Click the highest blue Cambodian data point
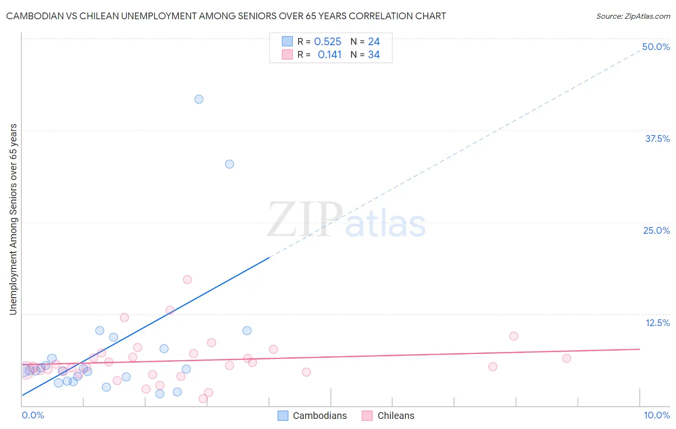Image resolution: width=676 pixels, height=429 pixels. [199, 99]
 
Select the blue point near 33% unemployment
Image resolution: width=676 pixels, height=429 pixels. [229, 164]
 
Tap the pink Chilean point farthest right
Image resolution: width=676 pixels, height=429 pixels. [566, 358]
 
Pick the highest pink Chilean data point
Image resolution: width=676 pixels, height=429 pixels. [188, 279]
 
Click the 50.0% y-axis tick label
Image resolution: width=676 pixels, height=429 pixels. [656, 47]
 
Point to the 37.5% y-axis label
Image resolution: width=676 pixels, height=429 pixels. [657, 139]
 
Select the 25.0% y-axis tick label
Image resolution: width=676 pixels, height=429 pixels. [656, 230]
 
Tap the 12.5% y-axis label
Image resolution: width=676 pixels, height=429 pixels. [657, 323]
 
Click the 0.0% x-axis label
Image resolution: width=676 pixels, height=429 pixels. [33, 415]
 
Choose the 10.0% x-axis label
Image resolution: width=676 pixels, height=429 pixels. [656, 415]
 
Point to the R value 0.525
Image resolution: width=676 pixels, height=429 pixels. [327, 42]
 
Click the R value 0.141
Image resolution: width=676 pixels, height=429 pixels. [329, 55]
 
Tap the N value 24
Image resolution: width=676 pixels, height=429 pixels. [374, 42]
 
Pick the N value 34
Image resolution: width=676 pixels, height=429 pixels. [374, 55]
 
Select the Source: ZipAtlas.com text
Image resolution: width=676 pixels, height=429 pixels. [633, 16]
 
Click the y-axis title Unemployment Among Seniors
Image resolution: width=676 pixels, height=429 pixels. [13, 219]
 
